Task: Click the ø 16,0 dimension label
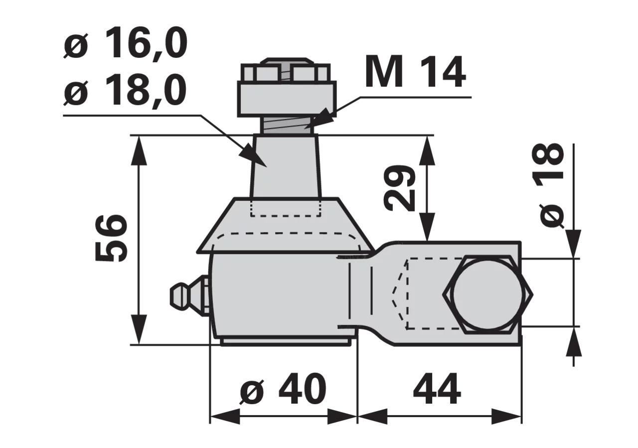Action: (x=125, y=45)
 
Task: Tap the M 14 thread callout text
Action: (x=416, y=72)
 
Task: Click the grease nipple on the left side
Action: (x=190, y=296)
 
